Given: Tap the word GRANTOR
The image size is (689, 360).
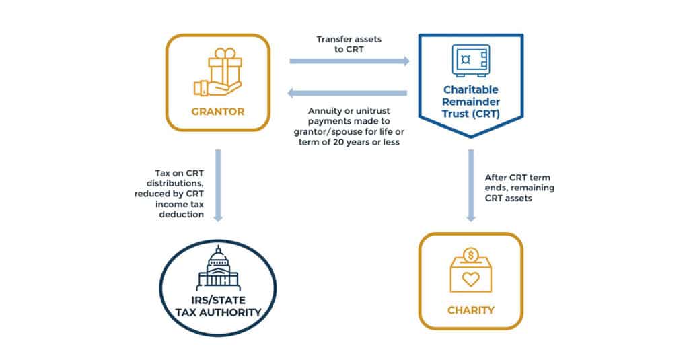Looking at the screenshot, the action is point(218,112).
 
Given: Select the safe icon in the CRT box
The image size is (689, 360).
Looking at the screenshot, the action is point(470,61).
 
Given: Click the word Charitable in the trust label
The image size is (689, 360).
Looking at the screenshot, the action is point(470,89).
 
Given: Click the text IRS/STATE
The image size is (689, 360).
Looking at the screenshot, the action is point(218,301).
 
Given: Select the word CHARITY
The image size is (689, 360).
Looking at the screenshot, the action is point(470,310).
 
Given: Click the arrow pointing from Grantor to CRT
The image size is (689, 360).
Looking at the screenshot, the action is point(349,61).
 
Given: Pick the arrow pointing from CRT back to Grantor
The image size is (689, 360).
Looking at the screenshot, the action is point(347,93).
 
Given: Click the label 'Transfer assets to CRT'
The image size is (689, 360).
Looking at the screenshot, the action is point(349,44).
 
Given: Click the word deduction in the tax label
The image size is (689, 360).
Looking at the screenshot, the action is point(182,215).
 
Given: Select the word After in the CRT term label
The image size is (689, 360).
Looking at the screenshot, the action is point(495,178).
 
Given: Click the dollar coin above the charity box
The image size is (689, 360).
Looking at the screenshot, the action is point(470,255).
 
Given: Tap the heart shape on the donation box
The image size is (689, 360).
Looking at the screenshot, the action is point(470,279).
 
